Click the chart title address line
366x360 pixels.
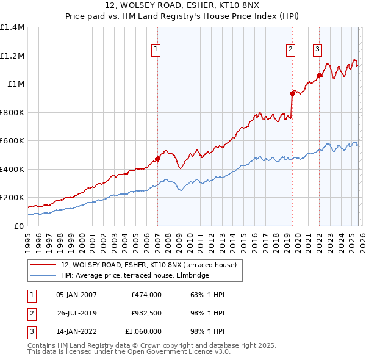tap(183, 7)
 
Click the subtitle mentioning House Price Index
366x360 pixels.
tap(183, 17)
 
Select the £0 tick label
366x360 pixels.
tap(20, 226)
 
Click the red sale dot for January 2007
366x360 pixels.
tap(157, 159)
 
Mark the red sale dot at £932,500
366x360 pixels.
tap(292, 93)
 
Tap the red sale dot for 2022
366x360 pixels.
tap(319, 76)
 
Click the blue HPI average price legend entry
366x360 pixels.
tap(135, 275)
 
